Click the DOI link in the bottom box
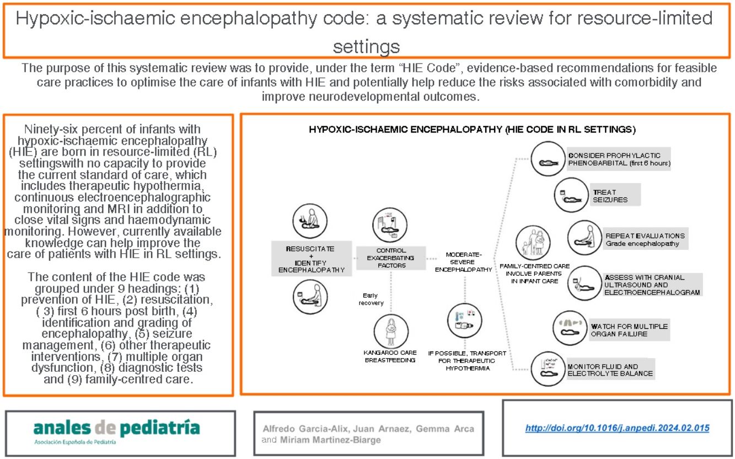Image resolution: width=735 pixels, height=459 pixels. point(616,428)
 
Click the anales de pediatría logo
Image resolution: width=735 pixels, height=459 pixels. point(116,430)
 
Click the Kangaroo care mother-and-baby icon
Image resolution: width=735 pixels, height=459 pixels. point(391,330)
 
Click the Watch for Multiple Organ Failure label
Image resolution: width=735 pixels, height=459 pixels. point(629,330)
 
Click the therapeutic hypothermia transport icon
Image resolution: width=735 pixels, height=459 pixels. point(463,322)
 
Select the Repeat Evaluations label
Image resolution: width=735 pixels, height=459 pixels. point(637,239)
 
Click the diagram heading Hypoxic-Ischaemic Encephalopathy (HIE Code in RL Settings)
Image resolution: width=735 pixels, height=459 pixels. point(472,131)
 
